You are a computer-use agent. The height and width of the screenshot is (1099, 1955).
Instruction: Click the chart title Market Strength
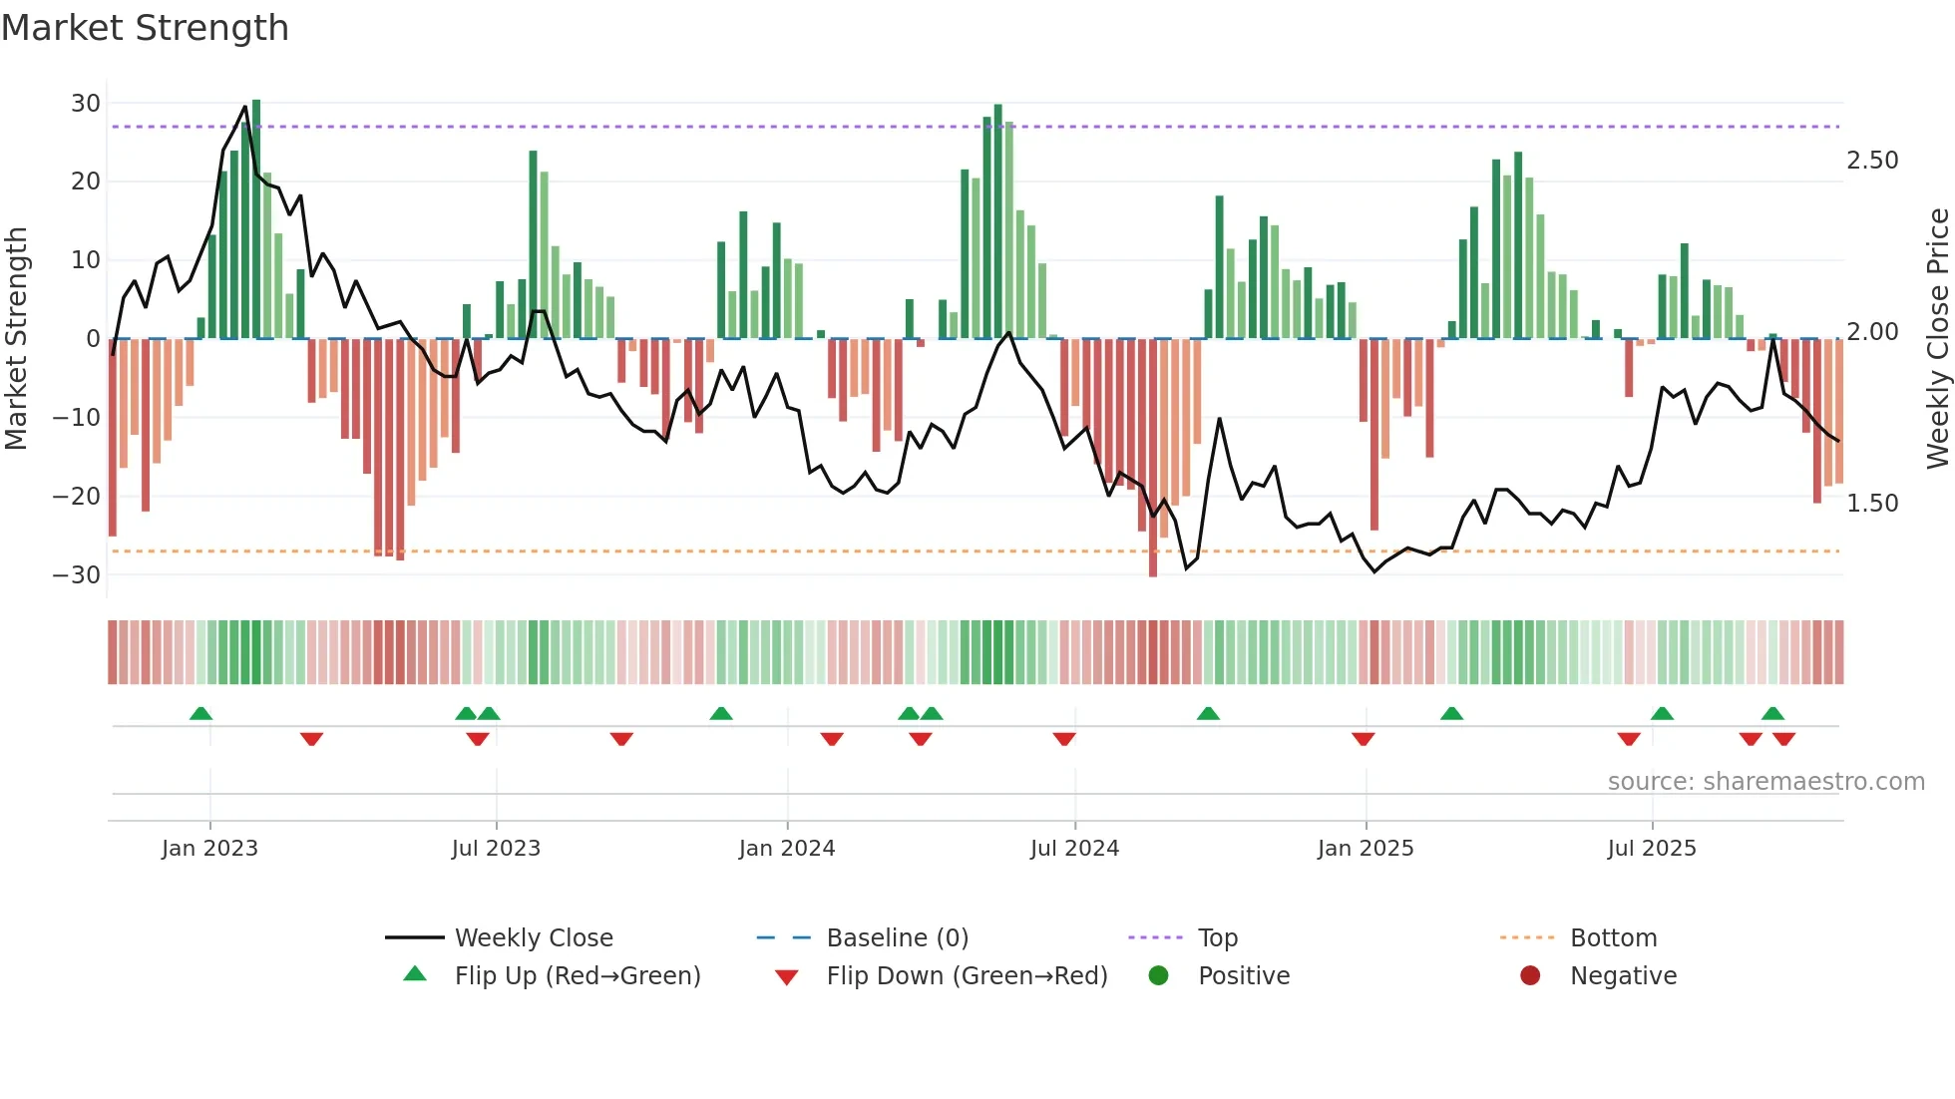[x=145, y=28]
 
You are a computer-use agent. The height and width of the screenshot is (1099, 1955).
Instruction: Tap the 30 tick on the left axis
[x=86, y=103]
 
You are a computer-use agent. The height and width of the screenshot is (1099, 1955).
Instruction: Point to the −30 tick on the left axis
[x=77, y=574]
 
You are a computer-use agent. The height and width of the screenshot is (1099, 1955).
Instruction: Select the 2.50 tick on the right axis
[x=1871, y=161]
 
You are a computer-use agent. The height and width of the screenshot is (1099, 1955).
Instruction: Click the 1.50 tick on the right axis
[x=1871, y=504]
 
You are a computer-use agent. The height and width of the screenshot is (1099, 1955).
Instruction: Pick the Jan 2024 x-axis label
[x=786, y=849]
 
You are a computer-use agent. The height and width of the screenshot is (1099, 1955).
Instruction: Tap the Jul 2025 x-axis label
[x=1651, y=849]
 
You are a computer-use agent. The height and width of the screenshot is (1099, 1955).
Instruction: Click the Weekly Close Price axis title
[x=1937, y=338]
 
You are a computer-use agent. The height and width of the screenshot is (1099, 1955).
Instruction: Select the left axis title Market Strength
[x=16, y=338]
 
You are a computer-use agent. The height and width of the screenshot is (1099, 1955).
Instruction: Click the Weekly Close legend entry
[x=534, y=938]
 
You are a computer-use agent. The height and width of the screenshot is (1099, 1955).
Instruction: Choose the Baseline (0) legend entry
[x=897, y=938]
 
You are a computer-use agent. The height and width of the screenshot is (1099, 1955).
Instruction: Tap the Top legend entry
[x=1217, y=938]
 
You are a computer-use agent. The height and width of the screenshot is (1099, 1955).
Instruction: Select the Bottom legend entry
[x=1613, y=938]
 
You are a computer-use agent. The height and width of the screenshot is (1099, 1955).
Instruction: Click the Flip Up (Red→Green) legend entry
[x=578, y=976]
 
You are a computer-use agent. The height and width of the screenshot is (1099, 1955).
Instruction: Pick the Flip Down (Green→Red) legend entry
[x=967, y=976]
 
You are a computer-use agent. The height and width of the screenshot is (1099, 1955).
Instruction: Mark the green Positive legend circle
[x=1158, y=975]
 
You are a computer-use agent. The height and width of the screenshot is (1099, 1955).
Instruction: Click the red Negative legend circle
[x=1530, y=975]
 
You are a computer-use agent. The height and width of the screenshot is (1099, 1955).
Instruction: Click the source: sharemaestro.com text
[x=1765, y=782]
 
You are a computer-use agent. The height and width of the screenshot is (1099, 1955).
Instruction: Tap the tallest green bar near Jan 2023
[x=256, y=219]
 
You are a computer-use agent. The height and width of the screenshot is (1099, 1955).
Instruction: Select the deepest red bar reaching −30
[x=1153, y=459]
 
